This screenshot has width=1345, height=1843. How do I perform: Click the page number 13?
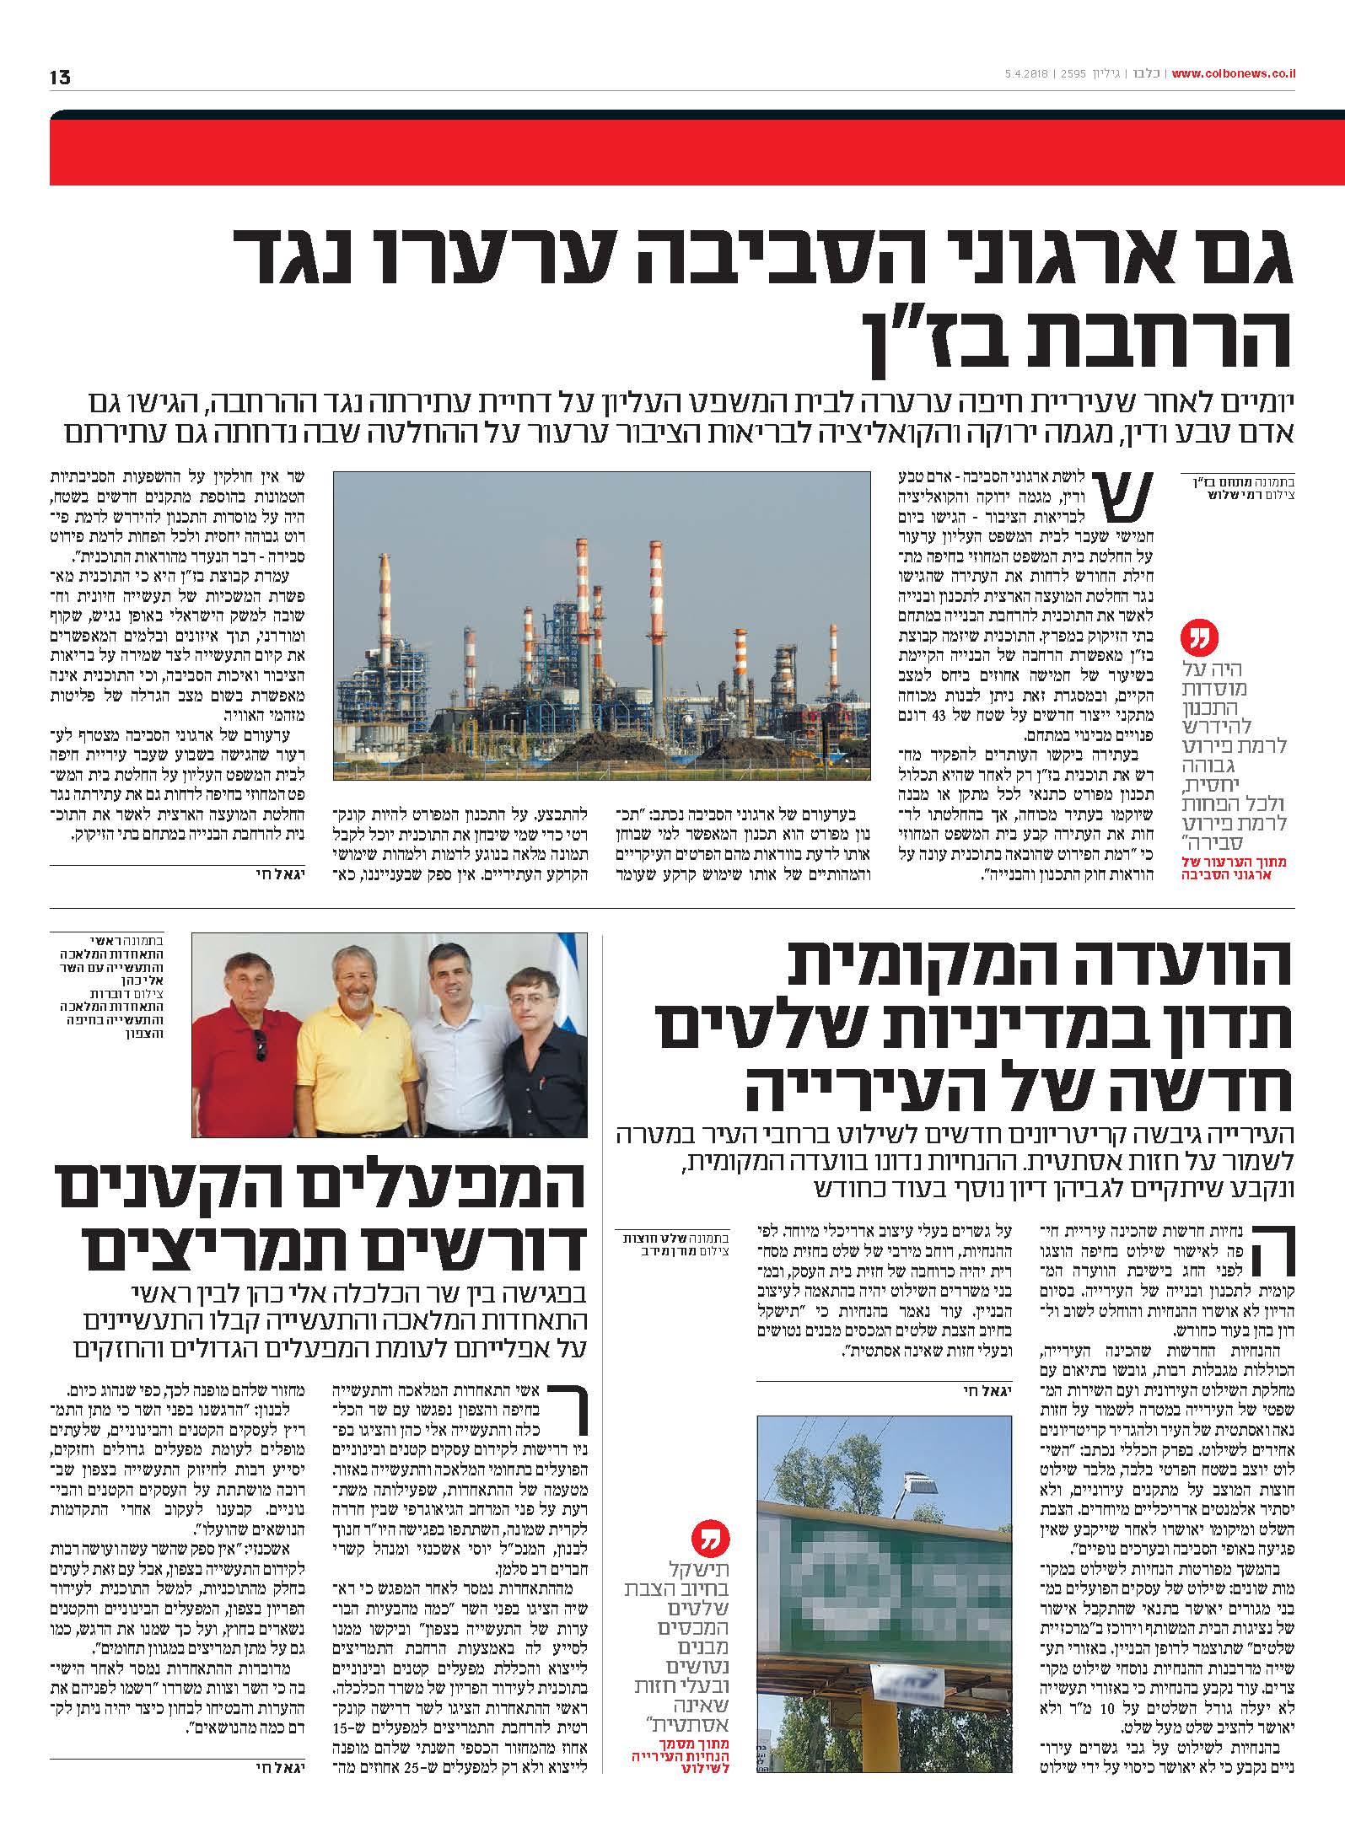(x=60, y=78)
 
